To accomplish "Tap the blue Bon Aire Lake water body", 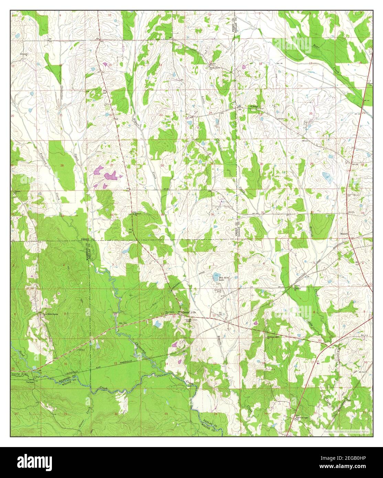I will coord(216,275).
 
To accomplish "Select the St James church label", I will coord(253,106).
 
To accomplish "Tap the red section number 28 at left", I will coord(62,166).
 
